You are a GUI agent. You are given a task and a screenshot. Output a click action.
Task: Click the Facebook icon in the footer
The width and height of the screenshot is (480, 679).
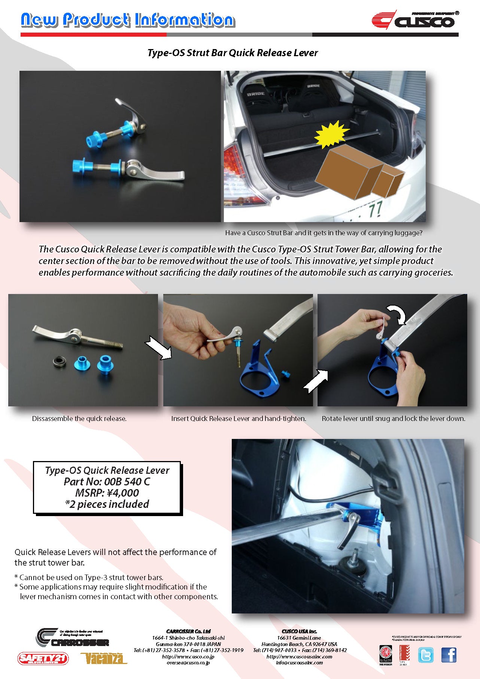click(449, 655)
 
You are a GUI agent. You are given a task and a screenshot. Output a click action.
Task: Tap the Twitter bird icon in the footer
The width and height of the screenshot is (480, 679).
click(426, 655)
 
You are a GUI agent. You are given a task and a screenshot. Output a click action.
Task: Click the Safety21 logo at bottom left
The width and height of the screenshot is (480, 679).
click(43, 658)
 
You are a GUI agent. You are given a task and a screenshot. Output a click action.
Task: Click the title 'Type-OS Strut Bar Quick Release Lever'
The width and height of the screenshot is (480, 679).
click(233, 53)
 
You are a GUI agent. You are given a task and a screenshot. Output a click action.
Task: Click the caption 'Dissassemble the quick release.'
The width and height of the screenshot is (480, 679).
click(79, 419)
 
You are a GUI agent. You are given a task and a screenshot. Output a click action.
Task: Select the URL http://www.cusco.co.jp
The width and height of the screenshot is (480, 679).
click(188, 657)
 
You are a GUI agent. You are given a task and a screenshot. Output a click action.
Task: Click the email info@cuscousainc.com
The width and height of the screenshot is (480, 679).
click(299, 663)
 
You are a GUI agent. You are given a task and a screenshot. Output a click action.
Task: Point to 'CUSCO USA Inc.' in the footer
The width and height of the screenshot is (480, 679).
click(299, 631)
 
